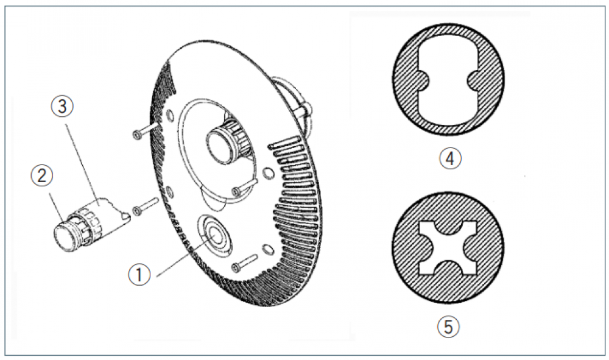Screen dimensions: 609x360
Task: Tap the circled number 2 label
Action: [42, 175]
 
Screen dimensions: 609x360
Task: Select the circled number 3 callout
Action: [63, 106]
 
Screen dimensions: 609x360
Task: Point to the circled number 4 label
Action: [450, 158]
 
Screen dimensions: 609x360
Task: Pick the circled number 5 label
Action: [448, 326]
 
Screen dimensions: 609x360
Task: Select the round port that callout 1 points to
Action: [214, 235]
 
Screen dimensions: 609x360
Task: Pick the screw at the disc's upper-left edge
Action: [146, 131]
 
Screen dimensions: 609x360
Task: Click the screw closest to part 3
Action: [146, 205]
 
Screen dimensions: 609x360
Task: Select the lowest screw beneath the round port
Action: [245, 263]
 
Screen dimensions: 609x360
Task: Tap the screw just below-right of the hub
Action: [245, 186]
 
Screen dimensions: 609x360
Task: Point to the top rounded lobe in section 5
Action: [448, 228]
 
